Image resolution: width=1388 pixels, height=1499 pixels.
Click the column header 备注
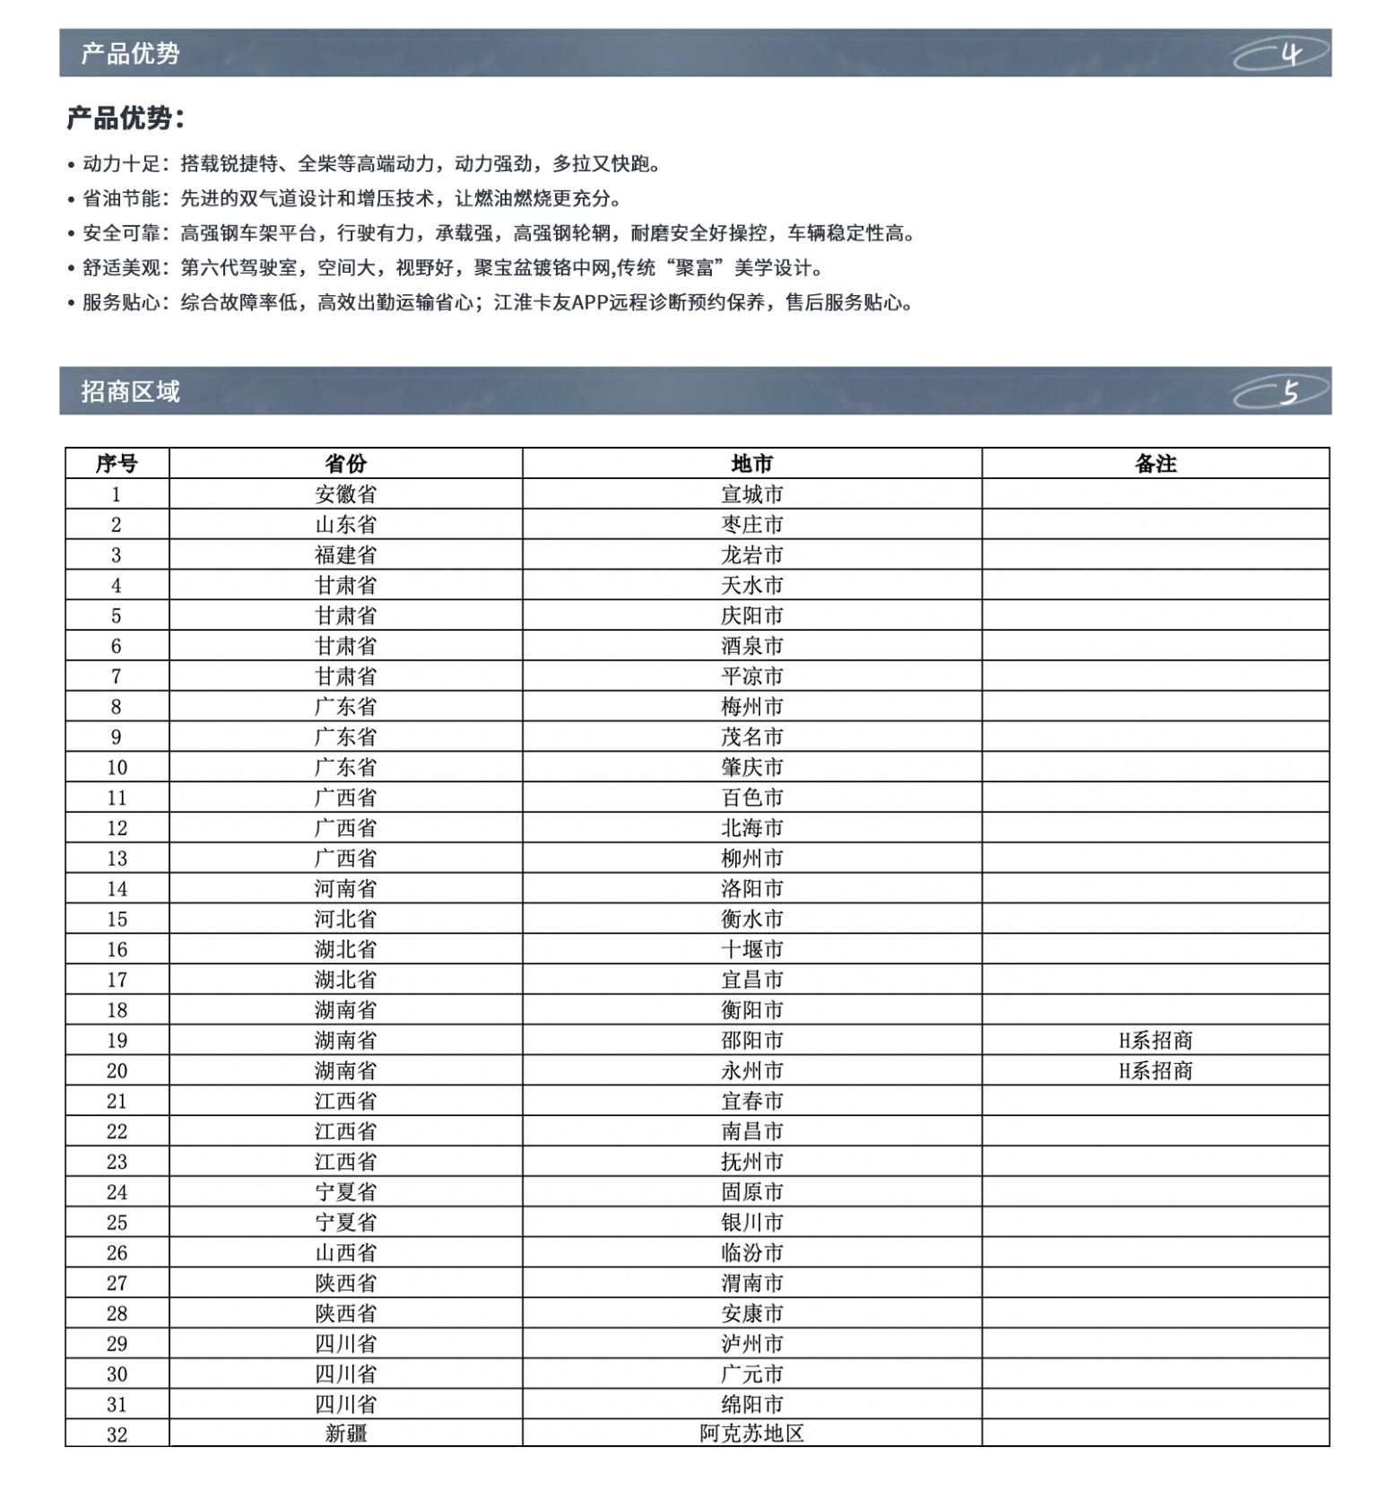[1155, 464]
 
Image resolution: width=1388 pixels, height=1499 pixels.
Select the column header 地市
[751, 464]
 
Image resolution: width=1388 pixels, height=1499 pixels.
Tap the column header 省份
[345, 464]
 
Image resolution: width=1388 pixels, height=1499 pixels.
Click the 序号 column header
[117, 464]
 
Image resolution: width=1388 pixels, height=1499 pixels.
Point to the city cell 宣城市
[751, 494]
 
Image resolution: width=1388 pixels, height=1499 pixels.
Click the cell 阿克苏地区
[751, 1434]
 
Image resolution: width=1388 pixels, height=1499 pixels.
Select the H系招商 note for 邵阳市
[1155, 1041]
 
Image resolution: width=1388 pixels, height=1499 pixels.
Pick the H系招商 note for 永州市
[1155, 1071]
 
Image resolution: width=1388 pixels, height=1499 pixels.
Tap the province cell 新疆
[345, 1434]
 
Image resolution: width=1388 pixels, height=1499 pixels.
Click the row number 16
[117, 949]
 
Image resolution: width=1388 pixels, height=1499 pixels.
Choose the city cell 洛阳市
[751, 889]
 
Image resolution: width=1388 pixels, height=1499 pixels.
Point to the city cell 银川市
[751, 1223]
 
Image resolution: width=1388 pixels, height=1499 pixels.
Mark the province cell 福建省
[345, 555]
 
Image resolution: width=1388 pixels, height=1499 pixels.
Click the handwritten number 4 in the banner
[1290, 55]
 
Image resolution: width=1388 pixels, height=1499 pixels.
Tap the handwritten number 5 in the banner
[1290, 392]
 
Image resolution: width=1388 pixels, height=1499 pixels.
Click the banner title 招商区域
[130, 392]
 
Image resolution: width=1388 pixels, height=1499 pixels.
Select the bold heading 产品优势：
[126, 118]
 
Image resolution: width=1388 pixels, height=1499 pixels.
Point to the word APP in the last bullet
[589, 303]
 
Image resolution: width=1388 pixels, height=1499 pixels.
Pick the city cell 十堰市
[751, 949]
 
